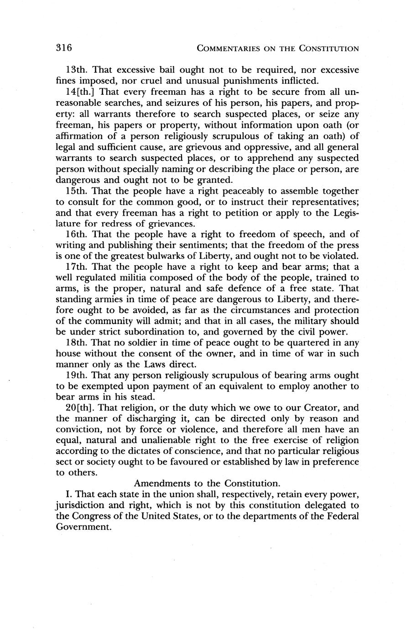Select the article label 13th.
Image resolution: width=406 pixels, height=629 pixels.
point(76,70)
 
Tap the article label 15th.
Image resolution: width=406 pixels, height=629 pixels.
point(76,191)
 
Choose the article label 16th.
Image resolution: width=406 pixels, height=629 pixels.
point(76,234)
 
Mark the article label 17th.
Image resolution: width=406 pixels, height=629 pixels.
point(76,267)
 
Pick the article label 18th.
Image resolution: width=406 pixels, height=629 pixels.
point(76,343)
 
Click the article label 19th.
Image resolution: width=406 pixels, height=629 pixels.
point(76,376)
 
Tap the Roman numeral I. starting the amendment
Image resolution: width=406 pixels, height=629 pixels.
point(69,494)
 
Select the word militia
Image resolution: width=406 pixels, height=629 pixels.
point(144,278)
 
